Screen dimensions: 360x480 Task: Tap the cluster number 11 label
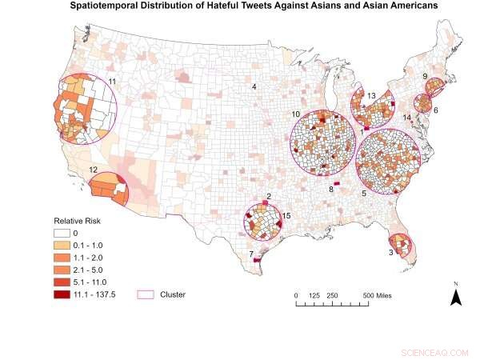112,82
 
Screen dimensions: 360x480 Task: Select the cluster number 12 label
94,170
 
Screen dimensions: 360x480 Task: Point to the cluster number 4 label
254,86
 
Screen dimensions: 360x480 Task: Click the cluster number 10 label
295,114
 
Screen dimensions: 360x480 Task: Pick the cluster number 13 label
371,95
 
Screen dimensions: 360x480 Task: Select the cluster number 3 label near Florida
390,252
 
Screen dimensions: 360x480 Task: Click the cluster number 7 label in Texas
251,254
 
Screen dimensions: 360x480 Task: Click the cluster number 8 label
330,190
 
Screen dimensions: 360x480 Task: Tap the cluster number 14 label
407,118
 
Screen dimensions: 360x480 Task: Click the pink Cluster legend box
147,294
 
